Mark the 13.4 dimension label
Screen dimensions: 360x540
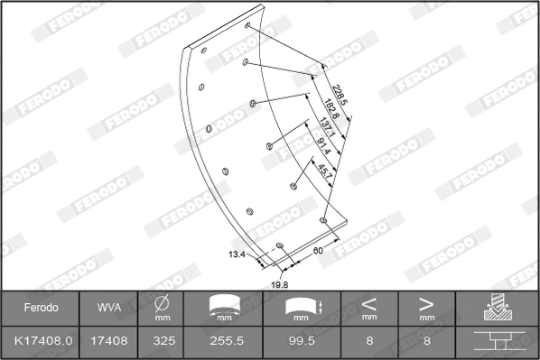[237, 254]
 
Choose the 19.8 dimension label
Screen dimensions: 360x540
[279, 284]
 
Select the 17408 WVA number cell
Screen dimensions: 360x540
[109, 342]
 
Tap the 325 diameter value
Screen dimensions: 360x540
[163, 342]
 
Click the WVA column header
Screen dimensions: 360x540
[109, 308]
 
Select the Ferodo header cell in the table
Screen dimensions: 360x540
[41, 308]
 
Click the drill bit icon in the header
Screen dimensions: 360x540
[498, 308]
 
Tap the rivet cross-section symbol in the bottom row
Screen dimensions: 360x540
[498, 342]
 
